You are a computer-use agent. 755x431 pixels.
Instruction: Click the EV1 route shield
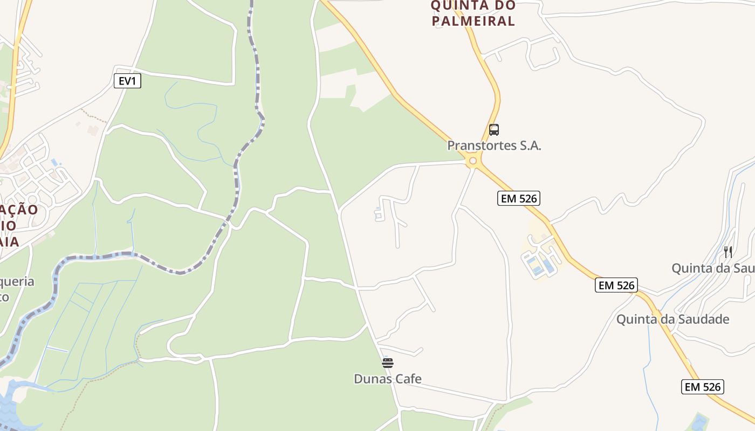128,81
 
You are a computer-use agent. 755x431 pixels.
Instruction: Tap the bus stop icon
493,129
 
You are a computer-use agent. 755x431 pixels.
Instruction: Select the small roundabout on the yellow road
473,161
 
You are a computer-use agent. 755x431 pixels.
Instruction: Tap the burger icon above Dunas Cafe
388,363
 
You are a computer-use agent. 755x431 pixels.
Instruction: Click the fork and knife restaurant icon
728,252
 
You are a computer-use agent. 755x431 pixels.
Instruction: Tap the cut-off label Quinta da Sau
712,268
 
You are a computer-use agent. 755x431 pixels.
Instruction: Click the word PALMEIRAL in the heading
473,21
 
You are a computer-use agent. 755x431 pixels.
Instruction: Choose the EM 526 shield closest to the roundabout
518,198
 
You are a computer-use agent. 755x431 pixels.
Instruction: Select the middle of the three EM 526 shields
616,285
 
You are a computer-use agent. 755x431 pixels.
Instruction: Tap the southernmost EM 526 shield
702,386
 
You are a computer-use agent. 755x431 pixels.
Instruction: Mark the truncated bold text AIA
9,241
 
